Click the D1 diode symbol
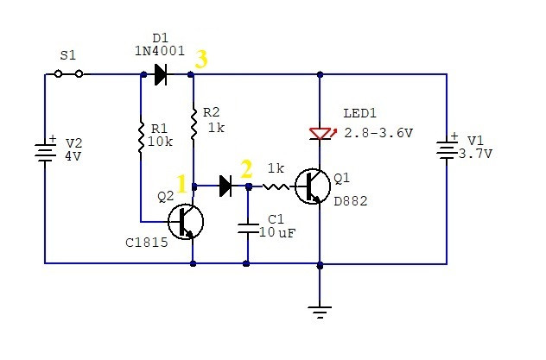(x=161, y=74)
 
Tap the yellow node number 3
(x=201, y=59)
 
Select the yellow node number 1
(x=181, y=184)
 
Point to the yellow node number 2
(x=246, y=169)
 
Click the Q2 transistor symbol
(x=186, y=222)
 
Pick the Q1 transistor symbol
(x=313, y=186)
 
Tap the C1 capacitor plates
(x=248, y=230)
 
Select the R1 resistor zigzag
(x=141, y=137)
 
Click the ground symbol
(x=320, y=313)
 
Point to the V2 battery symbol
(x=45, y=152)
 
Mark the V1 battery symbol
(x=448, y=149)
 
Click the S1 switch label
(x=67, y=55)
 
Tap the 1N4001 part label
(x=160, y=51)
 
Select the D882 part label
(x=350, y=201)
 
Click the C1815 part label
(x=147, y=243)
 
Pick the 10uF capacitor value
(x=277, y=232)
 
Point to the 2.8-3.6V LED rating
(x=378, y=133)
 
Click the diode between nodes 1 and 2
(x=225, y=186)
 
